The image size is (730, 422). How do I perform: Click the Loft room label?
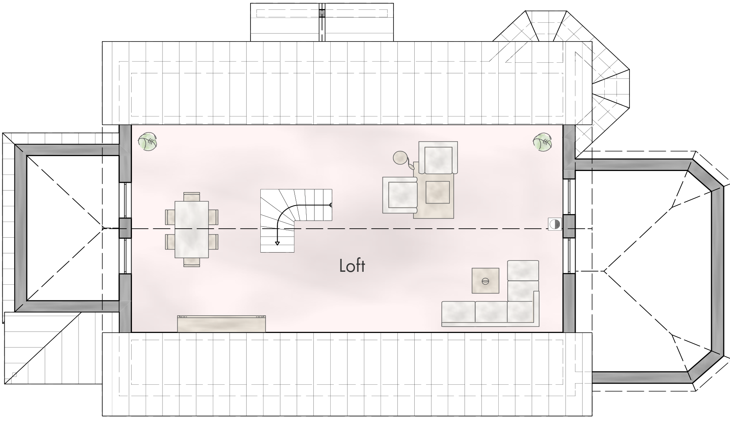click(352, 266)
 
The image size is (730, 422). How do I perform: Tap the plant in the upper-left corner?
click(147, 142)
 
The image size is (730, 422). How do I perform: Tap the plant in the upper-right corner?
click(543, 142)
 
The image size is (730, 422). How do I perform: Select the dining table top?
click(191, 229)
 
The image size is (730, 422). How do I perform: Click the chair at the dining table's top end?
click(192, 196)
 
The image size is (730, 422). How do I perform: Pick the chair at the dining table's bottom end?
click(192, 262)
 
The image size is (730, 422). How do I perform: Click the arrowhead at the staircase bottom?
click(277, 243)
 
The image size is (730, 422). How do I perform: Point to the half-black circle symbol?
click(555, 224)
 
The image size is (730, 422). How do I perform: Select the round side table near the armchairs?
click(400, 158)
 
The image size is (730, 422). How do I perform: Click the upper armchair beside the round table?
click(438, 158)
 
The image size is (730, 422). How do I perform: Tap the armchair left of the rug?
click(400, 195)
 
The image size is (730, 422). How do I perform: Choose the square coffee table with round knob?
click(485, 280)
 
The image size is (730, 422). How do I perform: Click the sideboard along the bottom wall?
click(221, 324)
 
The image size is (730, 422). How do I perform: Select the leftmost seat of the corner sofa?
click(458, 312)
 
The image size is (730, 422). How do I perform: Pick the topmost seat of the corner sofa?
click(523, 270)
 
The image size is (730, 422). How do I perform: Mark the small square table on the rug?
click(437, 192)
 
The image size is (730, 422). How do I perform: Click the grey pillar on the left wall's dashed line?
click(125, 228)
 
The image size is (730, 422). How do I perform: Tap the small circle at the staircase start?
click(331, 205)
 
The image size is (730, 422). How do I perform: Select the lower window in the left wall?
click(125, 256)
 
